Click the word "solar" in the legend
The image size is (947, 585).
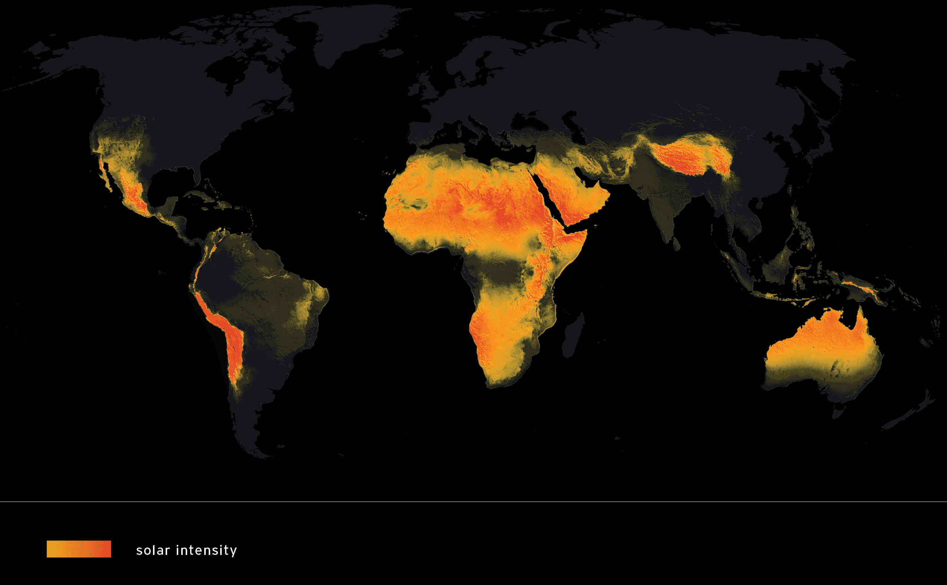(x=153, y=550)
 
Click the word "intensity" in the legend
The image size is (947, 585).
(x=206, y=550)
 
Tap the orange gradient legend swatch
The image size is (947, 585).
(x=79, y=549)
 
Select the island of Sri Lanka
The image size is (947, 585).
(x=676, y=244)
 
